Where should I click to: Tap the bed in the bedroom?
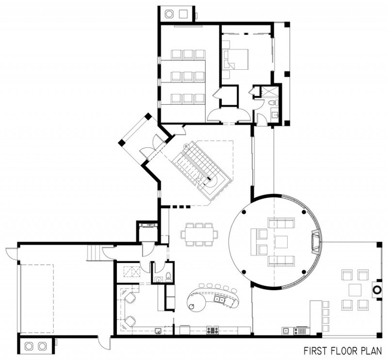click(x=236, y=59)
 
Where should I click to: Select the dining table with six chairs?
click(x=200, y=234)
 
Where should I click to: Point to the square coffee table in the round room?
click(x=282, y=242)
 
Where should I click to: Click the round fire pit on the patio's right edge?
click(x=377, y=290)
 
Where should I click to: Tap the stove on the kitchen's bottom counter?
click(x=212, y=330)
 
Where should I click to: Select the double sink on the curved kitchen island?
click(x=219, y=300)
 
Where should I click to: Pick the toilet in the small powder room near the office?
click(x=169, y=277)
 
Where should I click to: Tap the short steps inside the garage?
click(x=94, y=253)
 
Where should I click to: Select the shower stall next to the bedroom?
click(x=269, y=91)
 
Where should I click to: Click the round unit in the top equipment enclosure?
click(x=169, y=14)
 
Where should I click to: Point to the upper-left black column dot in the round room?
click(x=244, y=212)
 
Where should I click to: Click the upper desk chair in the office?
click(x=130, y=297)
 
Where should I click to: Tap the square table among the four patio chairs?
click(x=355, y=290)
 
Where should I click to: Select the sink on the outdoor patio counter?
click(x=286, y=330)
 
